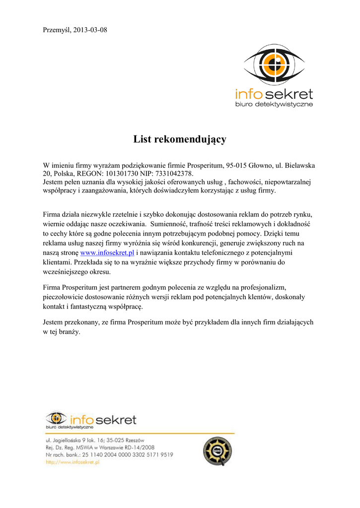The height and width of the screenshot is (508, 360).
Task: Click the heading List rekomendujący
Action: tap(180, 139)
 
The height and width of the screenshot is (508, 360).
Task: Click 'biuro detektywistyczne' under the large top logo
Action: tap(274, 105)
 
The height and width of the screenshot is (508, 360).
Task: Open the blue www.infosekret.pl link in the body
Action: tap(108, 253)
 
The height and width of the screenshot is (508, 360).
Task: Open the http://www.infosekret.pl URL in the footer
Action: tap(73, 462)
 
